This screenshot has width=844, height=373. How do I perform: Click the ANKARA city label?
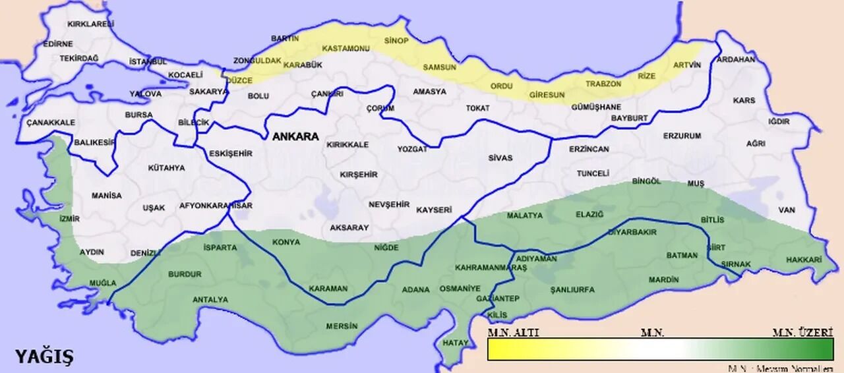pos(295,137)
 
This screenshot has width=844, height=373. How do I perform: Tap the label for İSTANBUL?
pos(148,61)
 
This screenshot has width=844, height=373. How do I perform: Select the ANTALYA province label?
pos(210,299)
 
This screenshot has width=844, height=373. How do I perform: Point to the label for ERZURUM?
pos(682,136)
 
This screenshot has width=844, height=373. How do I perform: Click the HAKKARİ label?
pos(804,260)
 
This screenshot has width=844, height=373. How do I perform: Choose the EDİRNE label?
pos(58,44)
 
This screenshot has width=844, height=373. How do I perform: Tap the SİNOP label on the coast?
pos(396,41)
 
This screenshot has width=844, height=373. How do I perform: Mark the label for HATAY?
pos(455,343)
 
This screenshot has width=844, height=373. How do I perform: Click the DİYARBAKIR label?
pos(632,233)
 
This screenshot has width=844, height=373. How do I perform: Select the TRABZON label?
pos(603,84)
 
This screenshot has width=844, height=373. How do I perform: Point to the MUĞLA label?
pos(103,283)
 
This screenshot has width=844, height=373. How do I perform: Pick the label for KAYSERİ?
pos(434,210)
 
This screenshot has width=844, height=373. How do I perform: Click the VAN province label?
pos(787,210)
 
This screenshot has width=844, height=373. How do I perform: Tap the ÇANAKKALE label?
pos(51,123)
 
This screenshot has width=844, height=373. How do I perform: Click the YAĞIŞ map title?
pos(45,357)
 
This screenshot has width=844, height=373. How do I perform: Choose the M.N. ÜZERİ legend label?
pos(802,333)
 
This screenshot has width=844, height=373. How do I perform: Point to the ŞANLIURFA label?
pos(572,289)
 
